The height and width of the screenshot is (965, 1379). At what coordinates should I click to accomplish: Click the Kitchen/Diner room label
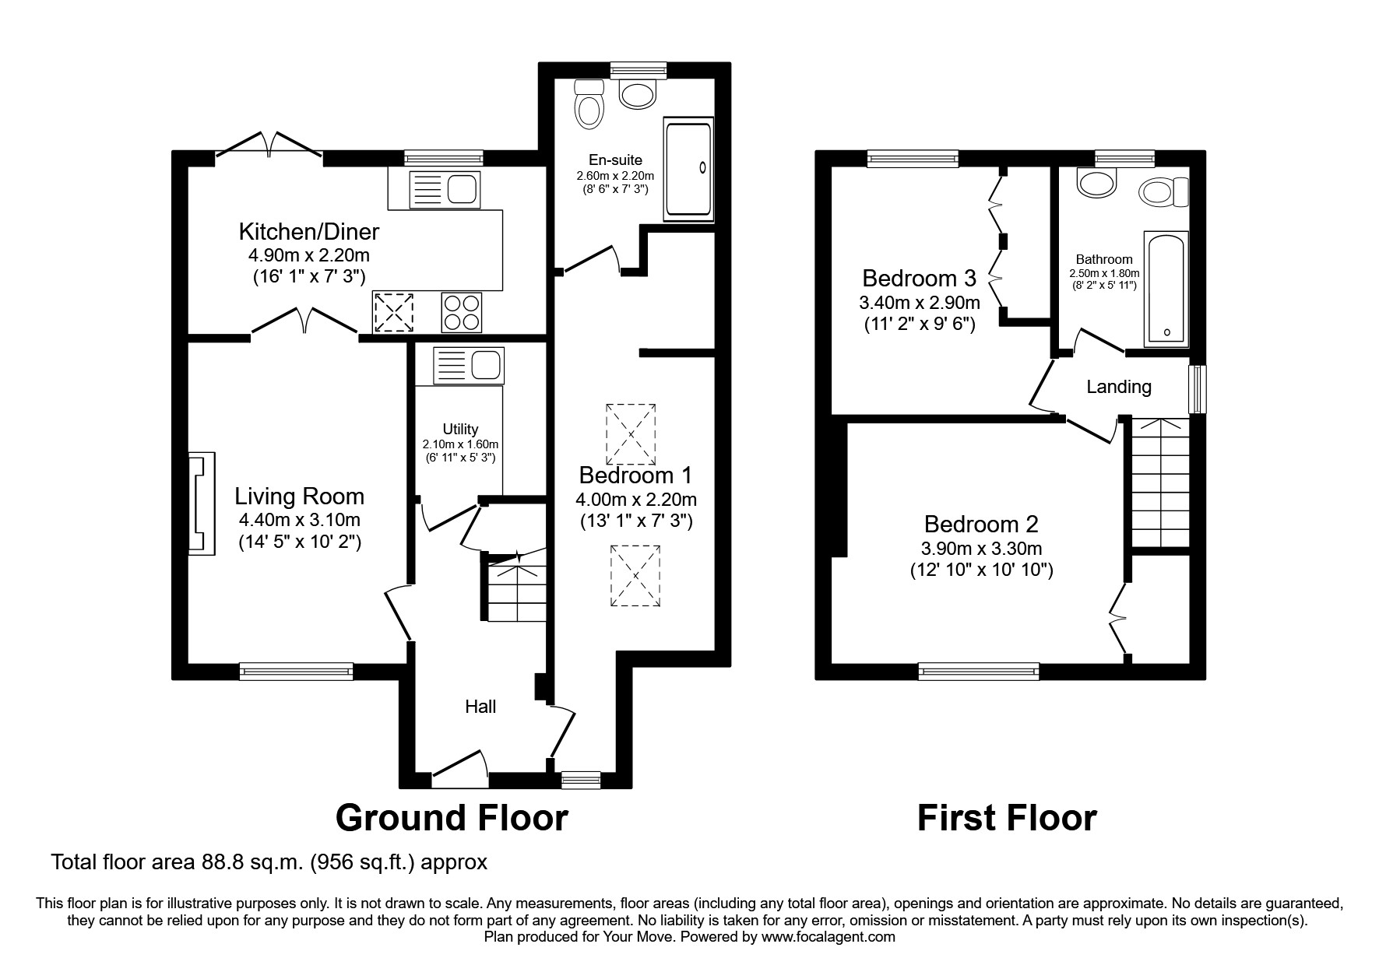tap(308, 232)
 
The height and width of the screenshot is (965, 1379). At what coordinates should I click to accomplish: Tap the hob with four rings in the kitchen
tap(461, 312)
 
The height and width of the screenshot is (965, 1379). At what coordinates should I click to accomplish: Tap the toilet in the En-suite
tap(589, 104)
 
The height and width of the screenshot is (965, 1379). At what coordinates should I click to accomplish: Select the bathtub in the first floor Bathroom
tap(1166, 288)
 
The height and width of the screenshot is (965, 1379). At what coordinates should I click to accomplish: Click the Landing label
tap(1118, 387)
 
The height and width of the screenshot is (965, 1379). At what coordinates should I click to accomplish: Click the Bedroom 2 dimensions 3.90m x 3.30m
tap(981, 549)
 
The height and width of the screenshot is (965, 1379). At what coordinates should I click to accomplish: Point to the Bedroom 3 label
tap(919, 278)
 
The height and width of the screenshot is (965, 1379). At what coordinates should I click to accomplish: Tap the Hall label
tap(480, 707)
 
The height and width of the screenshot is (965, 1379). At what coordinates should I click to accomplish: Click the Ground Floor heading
tap(452, 818)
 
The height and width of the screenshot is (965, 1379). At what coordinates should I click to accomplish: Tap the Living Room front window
tap(296, 671)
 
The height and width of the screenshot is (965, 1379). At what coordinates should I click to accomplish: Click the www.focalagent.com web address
tap(828, 937)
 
